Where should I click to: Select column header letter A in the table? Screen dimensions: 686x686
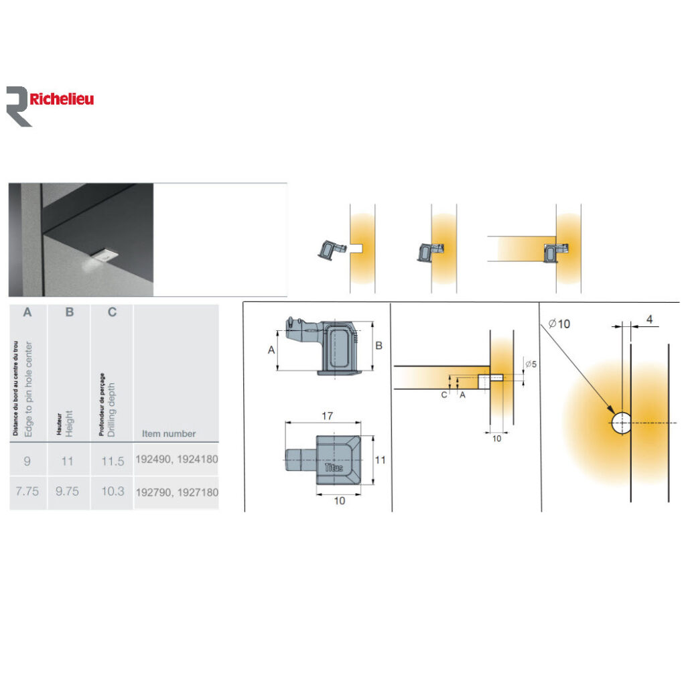(27, 312)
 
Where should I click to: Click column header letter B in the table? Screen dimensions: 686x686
(69, 312)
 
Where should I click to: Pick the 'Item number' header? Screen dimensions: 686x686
(169, 433)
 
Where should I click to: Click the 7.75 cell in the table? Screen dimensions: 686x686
(27, 491)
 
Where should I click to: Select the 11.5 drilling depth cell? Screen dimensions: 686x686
(113, 461)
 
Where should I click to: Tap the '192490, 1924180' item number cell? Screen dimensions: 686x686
(177, 461)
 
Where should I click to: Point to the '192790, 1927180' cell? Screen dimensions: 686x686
(177, 492)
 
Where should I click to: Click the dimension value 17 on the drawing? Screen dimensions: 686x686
(328, 415)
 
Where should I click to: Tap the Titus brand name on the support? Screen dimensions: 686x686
(334, 467)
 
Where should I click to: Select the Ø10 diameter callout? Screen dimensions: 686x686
(559, 324)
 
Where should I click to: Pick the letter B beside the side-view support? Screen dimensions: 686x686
(379, 346)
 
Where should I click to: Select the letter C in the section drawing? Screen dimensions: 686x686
(444, 395)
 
